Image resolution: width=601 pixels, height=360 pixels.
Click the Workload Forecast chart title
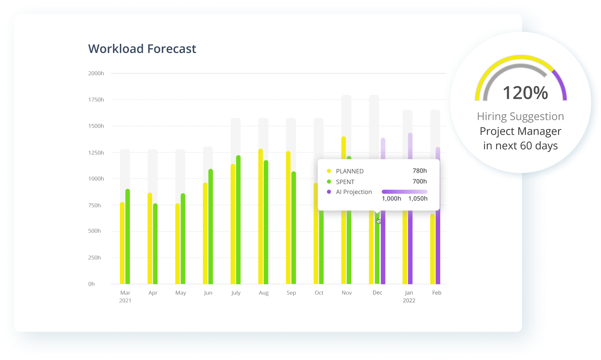click(142, 49)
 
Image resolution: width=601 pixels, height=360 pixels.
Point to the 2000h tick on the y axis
click(96, 73)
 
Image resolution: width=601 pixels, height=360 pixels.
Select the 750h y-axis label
click(95, 205)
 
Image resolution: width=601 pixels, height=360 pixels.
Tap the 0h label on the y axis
click(91, 284)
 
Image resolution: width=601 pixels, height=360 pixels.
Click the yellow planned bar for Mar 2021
click(122, 244)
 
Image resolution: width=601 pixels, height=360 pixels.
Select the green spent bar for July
click(238, 219)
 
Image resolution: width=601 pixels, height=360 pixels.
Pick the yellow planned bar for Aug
click(261, 215)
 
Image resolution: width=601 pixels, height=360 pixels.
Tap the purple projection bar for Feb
click(438, 247)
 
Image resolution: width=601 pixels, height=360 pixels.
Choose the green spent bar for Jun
click(211, 226)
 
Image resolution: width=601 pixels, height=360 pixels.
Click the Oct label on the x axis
click(319, 293)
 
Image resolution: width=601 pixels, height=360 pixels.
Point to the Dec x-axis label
click(377, 293)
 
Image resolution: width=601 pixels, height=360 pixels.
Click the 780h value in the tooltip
click(420, 171)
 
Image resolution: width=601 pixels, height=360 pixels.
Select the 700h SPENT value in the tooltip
click(420, 181)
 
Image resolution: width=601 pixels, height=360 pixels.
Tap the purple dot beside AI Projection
click(329, 192)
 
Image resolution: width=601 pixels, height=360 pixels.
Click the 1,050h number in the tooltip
click(418, 199)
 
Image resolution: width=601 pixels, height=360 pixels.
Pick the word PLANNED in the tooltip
click(350, 171)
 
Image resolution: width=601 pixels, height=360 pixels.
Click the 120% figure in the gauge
click(525, 93)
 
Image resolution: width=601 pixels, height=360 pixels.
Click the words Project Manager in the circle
click(520, 131)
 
